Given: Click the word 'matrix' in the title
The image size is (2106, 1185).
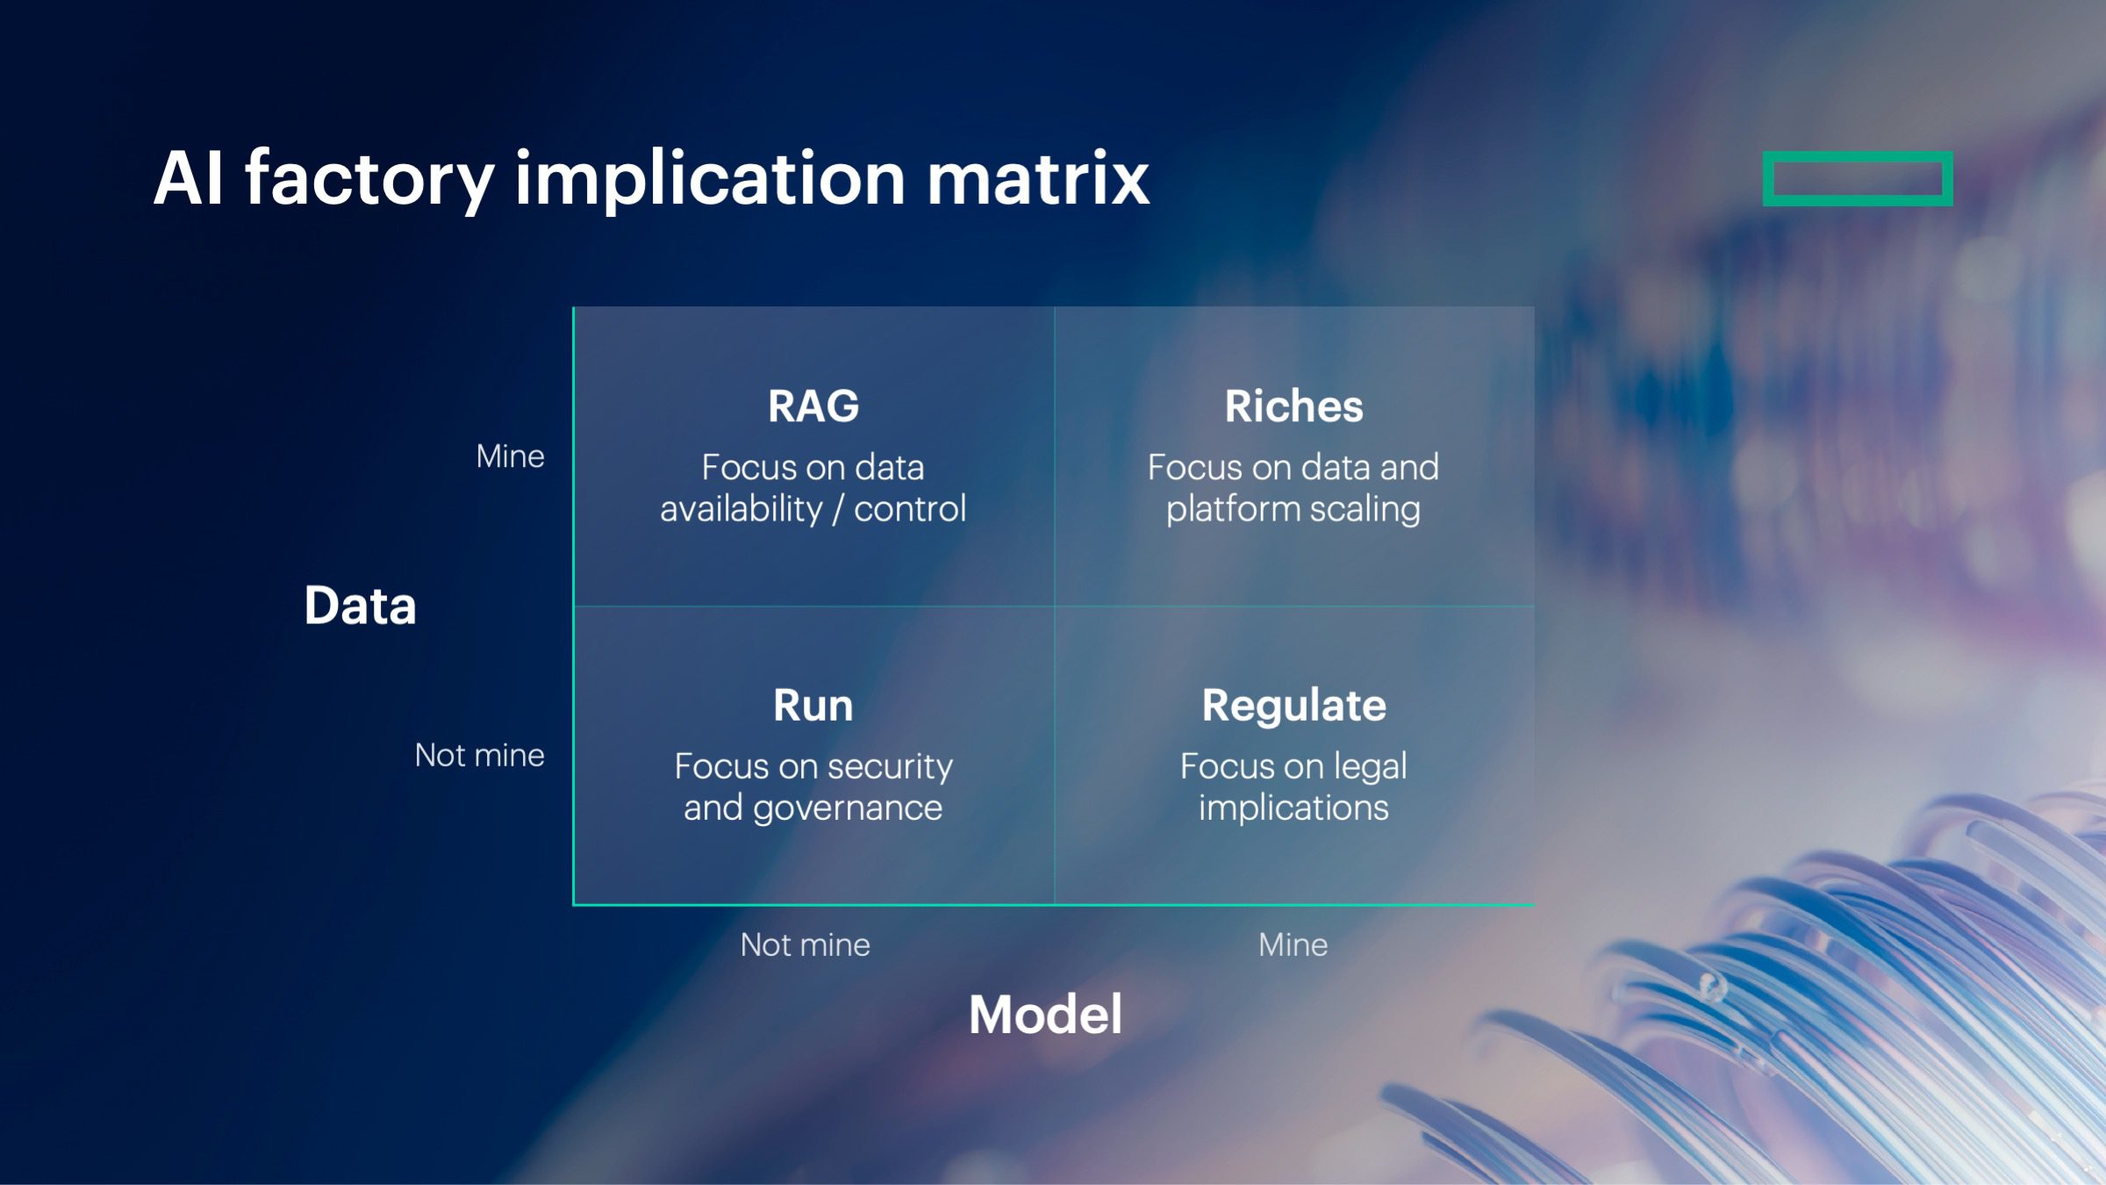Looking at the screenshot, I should (1038, 179).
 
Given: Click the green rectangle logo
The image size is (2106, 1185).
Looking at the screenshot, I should (1857, 179).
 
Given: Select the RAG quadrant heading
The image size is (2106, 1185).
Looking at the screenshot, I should (813, 406).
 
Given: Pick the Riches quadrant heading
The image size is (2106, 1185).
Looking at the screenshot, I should (1293, 406).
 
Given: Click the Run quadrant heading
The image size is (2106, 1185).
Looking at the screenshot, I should (813, 706).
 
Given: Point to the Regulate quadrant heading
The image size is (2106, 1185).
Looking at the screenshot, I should (1293, 706).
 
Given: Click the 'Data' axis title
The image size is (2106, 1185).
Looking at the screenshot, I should (360, 606).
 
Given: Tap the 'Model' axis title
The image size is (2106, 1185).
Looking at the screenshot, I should (1045, 1015).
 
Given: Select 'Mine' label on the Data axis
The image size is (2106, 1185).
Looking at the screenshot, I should (510, 456).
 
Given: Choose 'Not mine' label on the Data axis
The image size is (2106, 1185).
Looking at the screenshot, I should (479, 756).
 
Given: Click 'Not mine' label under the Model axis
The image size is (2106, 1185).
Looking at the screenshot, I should (805, 945).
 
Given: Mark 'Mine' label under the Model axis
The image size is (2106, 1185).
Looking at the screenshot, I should (1293, 945).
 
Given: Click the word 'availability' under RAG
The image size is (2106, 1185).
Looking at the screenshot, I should (741, 509).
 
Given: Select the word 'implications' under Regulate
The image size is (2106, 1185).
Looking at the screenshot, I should (1293, 808).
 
